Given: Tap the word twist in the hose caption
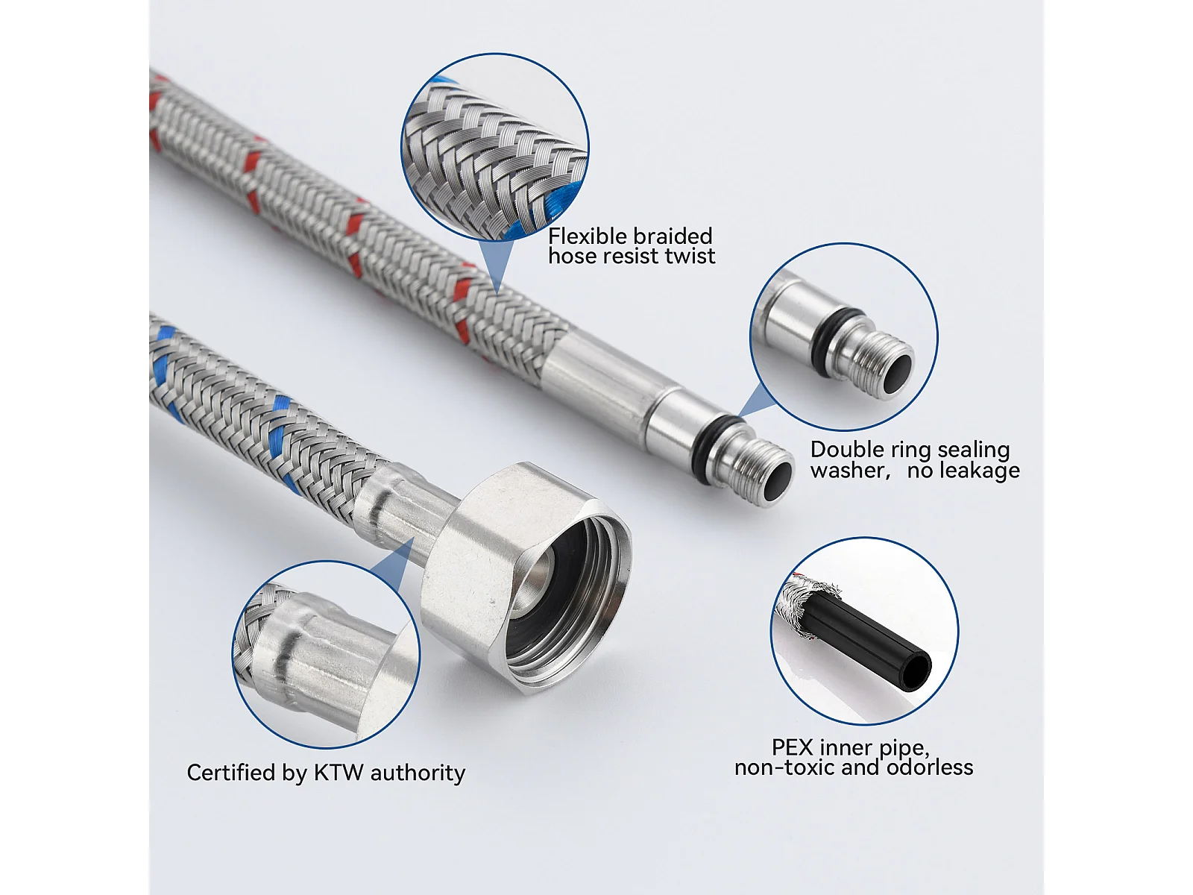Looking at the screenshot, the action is point(690,256).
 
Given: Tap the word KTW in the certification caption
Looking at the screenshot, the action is point(339,773).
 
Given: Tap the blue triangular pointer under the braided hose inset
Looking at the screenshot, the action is point(496,266).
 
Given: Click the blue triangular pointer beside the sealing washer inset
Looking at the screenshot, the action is point(757,401).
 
